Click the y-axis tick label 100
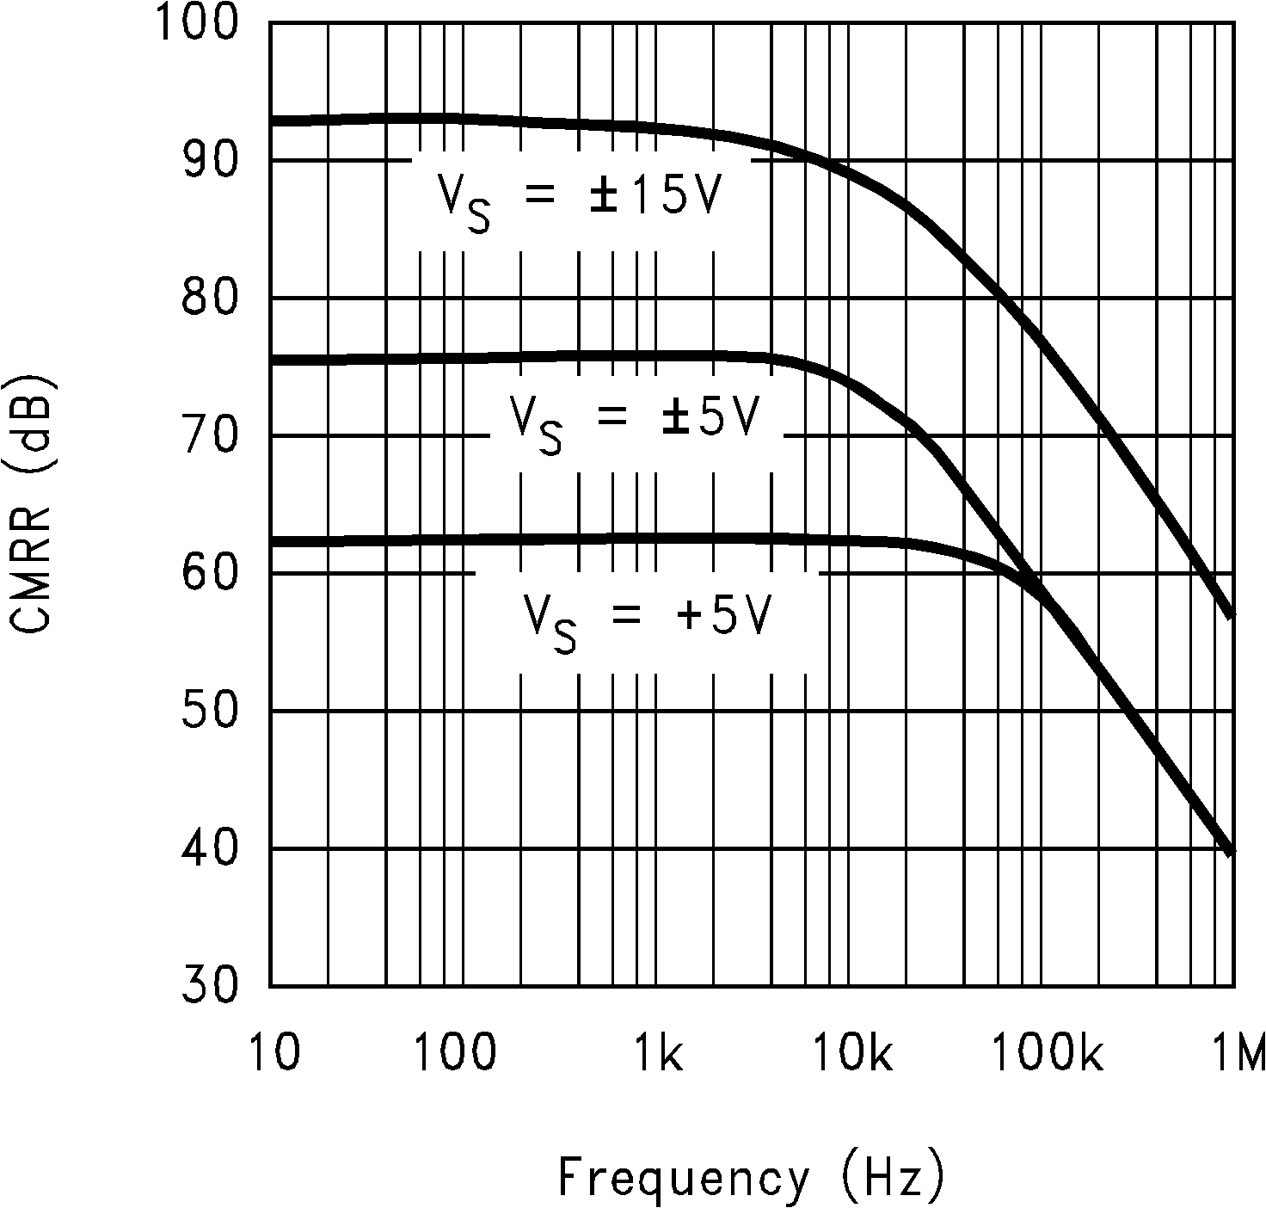(198, 24)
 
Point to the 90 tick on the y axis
(210, 161)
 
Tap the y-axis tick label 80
(210, 299)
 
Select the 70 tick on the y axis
(210, 436)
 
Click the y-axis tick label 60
(210, 574)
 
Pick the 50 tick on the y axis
(210, 712)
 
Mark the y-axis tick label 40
(210, 849)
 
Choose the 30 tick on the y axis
(210, 986)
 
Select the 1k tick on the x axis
(658, 1053)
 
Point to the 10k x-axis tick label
(851, 1053)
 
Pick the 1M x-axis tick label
(1238, 1053)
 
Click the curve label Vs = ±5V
(635, 422)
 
